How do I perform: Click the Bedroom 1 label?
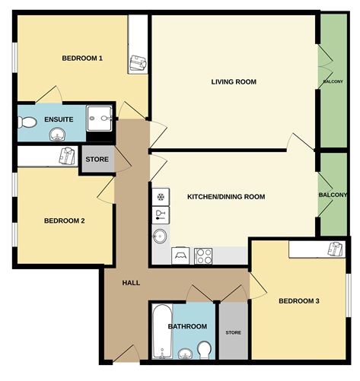pos(82,59)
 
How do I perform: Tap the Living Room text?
pos(234,82)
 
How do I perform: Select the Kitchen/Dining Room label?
pos(226,197)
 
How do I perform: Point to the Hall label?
pos(131,283)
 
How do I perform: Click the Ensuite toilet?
pos(27,122)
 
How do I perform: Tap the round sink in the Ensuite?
pos(58,134)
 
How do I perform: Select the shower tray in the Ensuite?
pos(100,119)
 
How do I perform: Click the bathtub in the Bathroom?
pos(162,332)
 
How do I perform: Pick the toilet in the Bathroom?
pos(205,350)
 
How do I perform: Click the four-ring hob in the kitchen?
pos(203,256)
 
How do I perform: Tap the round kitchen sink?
pos(160,237)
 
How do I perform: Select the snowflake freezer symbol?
pos(161,197)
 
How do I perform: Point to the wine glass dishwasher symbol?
pos(161,215)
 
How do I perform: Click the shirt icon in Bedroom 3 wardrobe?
pos(336,249)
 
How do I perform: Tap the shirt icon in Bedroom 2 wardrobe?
pos(67,156)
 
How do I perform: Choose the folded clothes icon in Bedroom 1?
pos(138,63)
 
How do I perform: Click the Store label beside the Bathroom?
pos(234,332)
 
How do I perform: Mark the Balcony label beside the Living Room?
pos(333,81)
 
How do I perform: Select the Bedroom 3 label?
pos(299,301)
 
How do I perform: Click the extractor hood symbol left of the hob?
pos(180,256)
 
